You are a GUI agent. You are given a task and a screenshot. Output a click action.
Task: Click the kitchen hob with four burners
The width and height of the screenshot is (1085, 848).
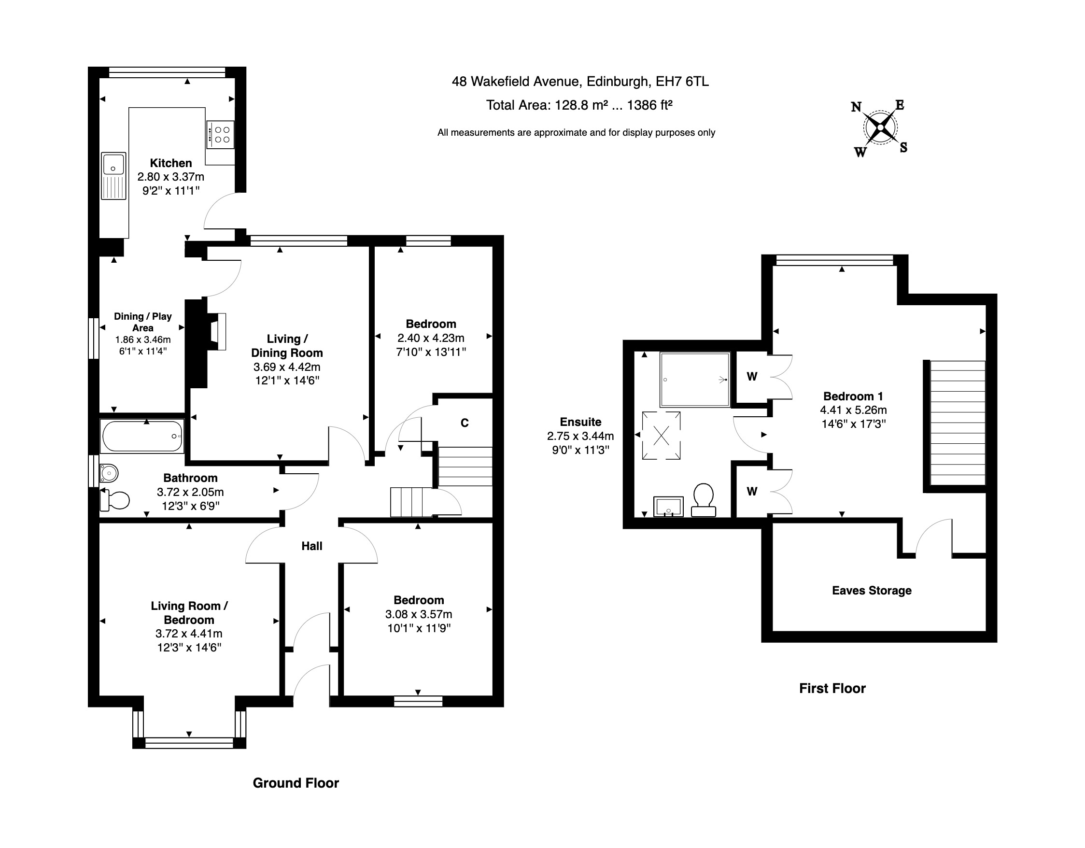221,134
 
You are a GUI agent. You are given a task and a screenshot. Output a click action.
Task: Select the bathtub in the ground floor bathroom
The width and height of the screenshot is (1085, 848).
142,437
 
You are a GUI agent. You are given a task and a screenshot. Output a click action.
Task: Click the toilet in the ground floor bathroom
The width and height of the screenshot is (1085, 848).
116,500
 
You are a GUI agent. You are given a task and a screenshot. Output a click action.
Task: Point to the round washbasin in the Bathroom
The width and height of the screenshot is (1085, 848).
109,473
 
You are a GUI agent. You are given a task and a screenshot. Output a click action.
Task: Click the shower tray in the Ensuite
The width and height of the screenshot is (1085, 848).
694,380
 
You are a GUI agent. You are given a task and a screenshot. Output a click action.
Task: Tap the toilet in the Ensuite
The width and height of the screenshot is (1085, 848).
703,500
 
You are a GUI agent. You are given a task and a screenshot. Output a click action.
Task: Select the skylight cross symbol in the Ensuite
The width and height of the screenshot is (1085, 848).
661,436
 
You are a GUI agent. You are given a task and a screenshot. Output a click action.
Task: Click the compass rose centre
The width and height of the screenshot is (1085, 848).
880,127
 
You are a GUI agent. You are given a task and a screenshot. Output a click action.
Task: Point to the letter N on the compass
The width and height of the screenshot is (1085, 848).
856,107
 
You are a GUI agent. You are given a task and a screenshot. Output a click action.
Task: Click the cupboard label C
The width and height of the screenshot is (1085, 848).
465,423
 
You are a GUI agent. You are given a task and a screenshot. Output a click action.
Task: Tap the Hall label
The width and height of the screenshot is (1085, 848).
312,546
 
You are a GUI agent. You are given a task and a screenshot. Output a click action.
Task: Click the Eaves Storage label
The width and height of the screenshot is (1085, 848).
872,590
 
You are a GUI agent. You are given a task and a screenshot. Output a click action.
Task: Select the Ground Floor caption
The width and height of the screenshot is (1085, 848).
296,783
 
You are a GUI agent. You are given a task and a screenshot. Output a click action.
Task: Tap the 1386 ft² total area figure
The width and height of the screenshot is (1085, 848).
650,105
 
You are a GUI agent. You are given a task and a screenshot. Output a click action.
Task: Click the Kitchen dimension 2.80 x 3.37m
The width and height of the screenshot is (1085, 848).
171,177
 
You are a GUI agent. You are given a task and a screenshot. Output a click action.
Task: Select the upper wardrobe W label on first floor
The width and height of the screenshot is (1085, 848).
752,377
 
